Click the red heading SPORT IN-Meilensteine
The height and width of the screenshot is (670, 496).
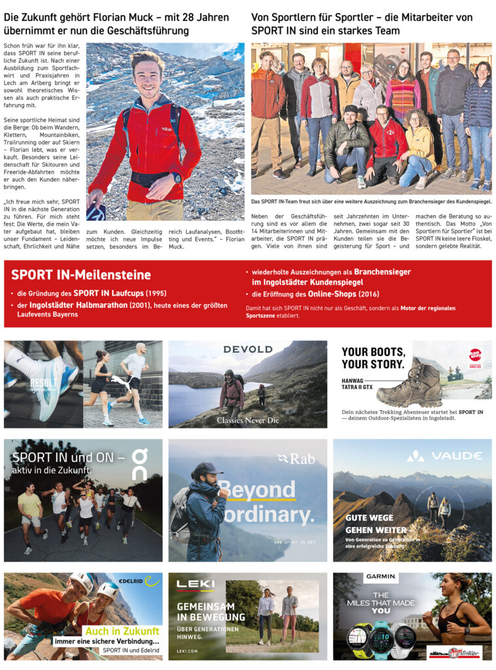(80, 275)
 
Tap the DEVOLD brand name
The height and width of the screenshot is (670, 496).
(248, 349)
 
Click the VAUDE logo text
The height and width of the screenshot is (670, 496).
(449, 455)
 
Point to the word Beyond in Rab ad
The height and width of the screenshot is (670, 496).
(257, 489)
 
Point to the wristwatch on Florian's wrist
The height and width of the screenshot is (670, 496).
(177, 177)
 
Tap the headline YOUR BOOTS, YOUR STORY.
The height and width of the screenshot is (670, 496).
(373, 358)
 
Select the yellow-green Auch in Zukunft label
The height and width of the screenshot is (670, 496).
(122, 631)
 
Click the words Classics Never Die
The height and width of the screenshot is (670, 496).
(248, 420)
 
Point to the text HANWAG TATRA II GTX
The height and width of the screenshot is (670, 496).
(357, 386)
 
